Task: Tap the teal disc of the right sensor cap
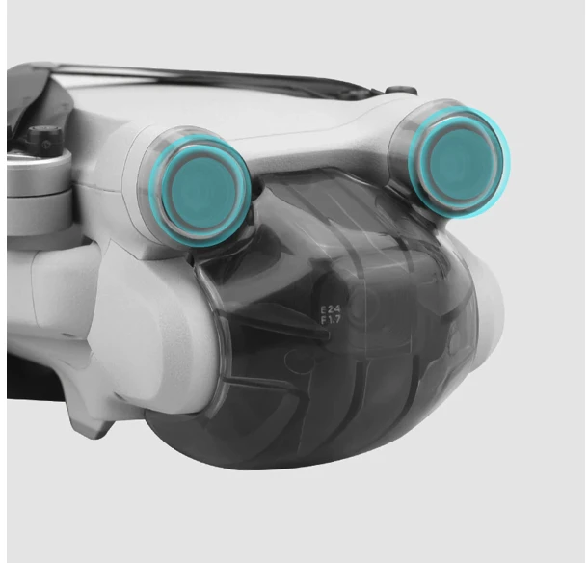(x=461, y=159)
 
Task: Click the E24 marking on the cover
(x=331, y=309)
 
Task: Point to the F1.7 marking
(x=331, y=319)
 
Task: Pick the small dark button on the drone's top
(x=402, y=91)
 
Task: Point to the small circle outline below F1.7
(x=296, y=361)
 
